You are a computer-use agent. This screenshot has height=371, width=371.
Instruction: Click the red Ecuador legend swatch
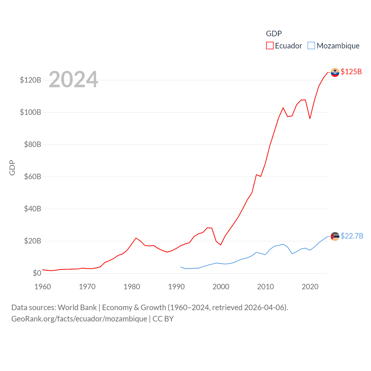pyautogui.click(x=270, y=46)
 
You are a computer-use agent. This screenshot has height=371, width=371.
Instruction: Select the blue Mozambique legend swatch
pyautogui.click(x=311, y=46)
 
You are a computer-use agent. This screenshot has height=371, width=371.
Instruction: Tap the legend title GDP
pyautogui.click(x=274, y=34)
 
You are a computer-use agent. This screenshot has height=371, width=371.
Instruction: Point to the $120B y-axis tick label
pyautogui.click(x=30, y=80)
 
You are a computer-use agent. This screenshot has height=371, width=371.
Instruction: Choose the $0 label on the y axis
pyautogui.click(x=37, y=273)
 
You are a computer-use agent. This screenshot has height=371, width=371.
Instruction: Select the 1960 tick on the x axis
pyautogui.click(x=43, y=287)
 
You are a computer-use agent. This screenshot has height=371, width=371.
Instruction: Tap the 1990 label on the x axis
pyautogui.click(x=176, y=287)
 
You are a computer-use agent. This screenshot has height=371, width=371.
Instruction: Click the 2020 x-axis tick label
pyautogui.click(x=310, y=287)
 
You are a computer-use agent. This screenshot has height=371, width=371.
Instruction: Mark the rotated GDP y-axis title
pyautogui.click(x=12, y=168)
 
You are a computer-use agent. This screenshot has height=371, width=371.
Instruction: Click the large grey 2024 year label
pyautogui.click(x=73, y=79)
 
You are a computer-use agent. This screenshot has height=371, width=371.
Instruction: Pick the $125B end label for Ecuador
pyautogui.click(x=351, y=72)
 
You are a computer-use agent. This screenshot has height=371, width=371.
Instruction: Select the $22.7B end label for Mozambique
pyautogui.click(x=352, y=236)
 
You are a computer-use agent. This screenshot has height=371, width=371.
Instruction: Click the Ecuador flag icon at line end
pyautogui.click(x=335, y=72)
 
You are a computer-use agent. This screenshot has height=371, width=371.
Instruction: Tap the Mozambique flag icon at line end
pyautogui.click(x=335, y=237)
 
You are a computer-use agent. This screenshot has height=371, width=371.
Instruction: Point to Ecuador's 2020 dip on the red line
pyautogui.click(x=310, y=119)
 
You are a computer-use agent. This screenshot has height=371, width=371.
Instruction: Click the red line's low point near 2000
pyautogui.click(x=221, y=245)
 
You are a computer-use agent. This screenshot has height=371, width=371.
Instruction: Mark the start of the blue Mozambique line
pyautogui.click(x=181, y=267)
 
